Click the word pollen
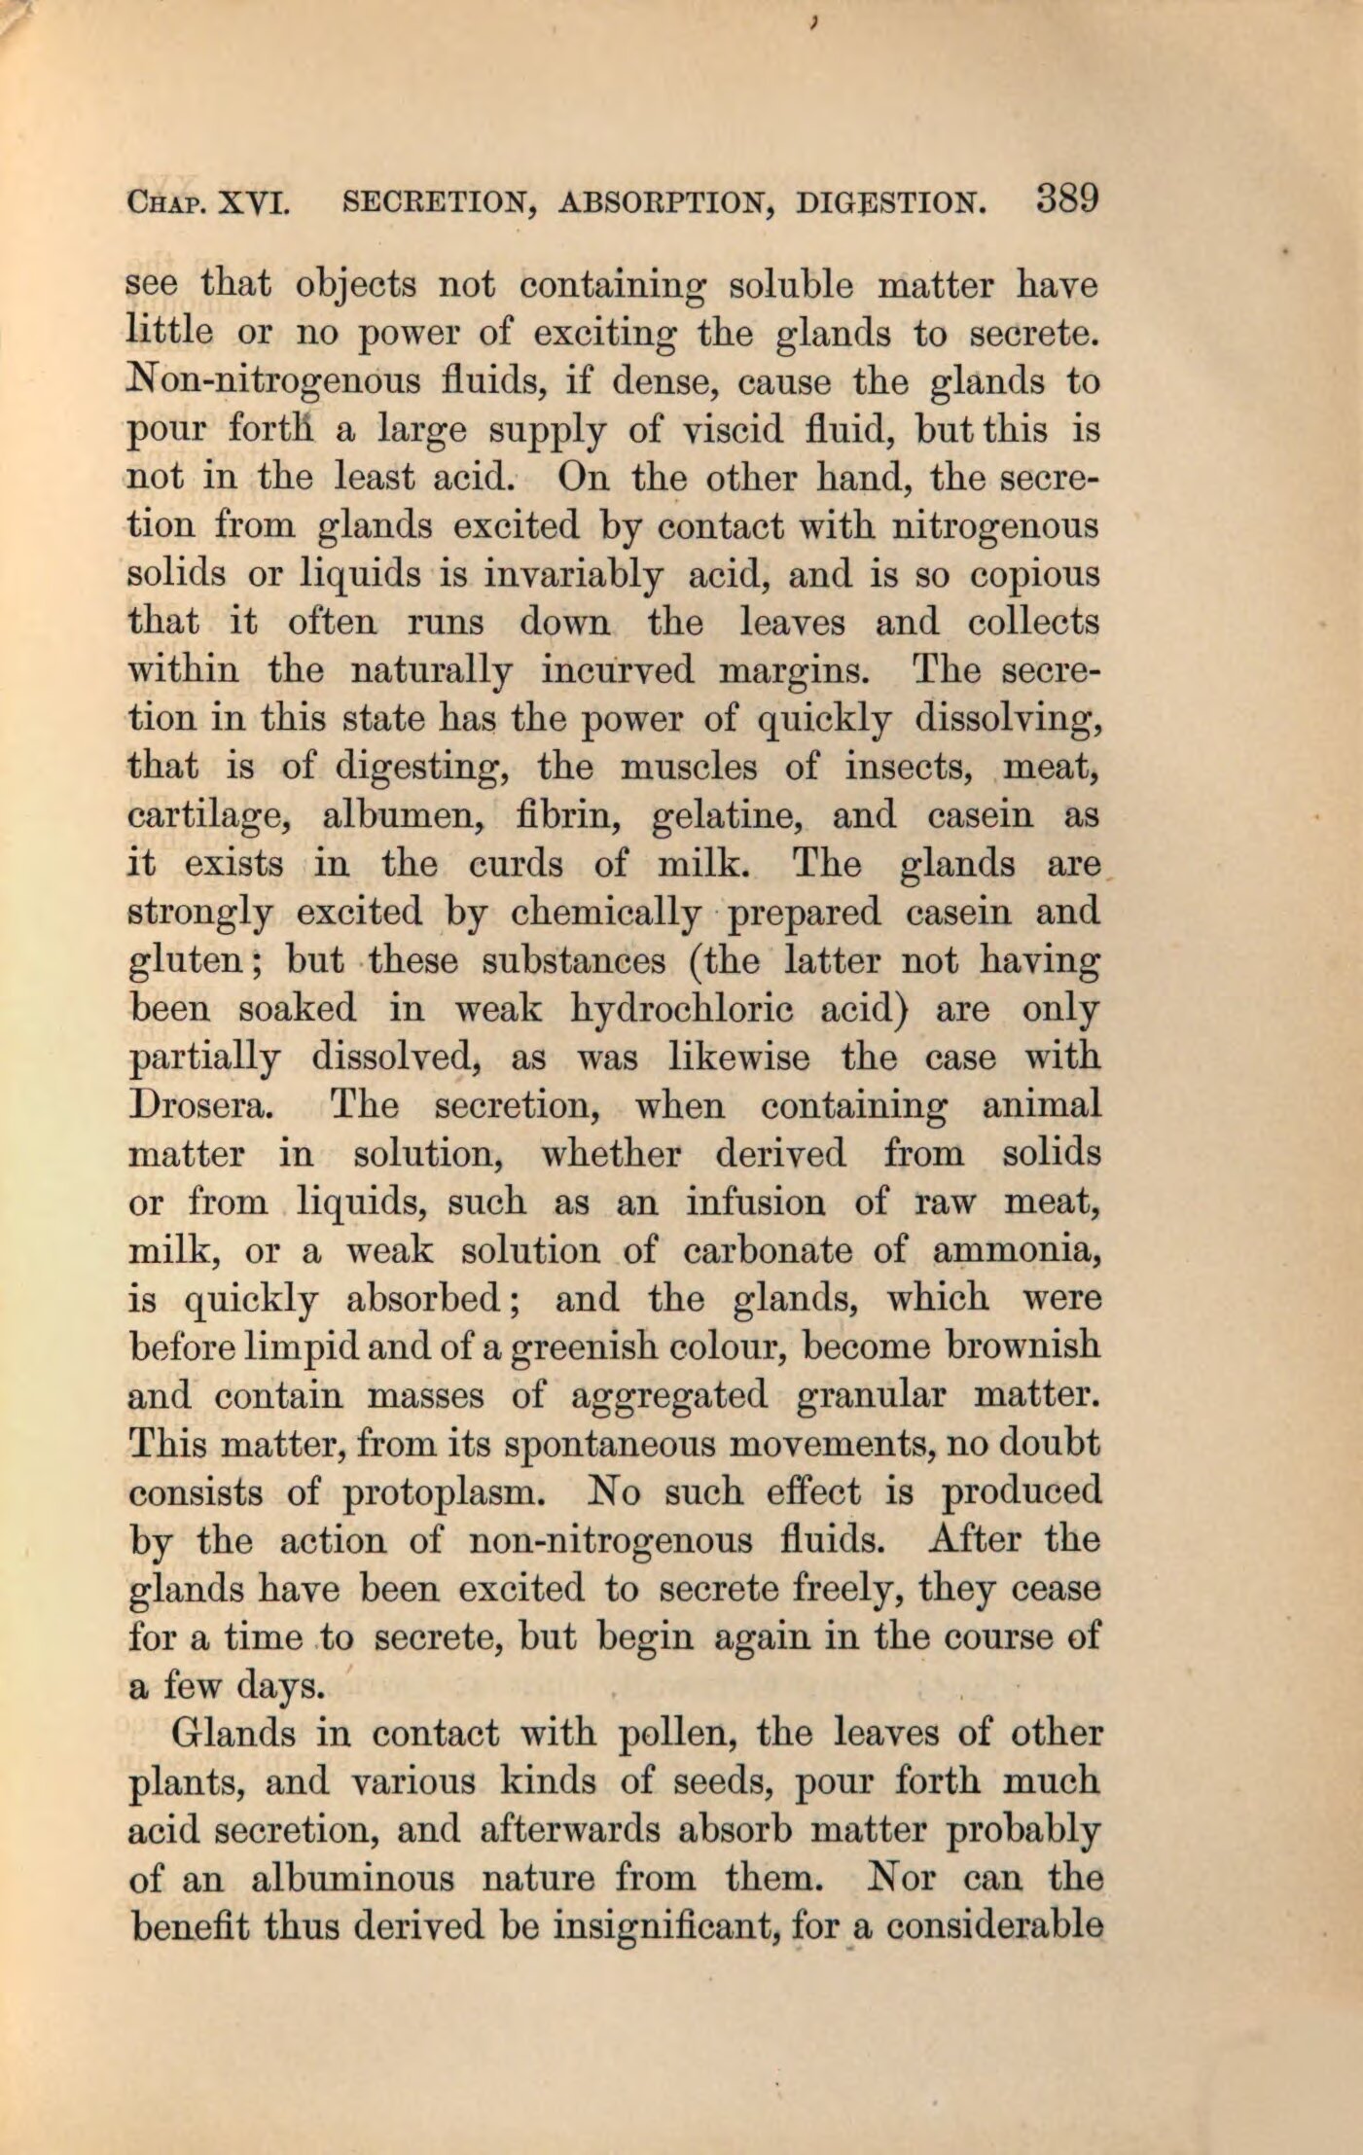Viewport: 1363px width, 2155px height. [676, 1734]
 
